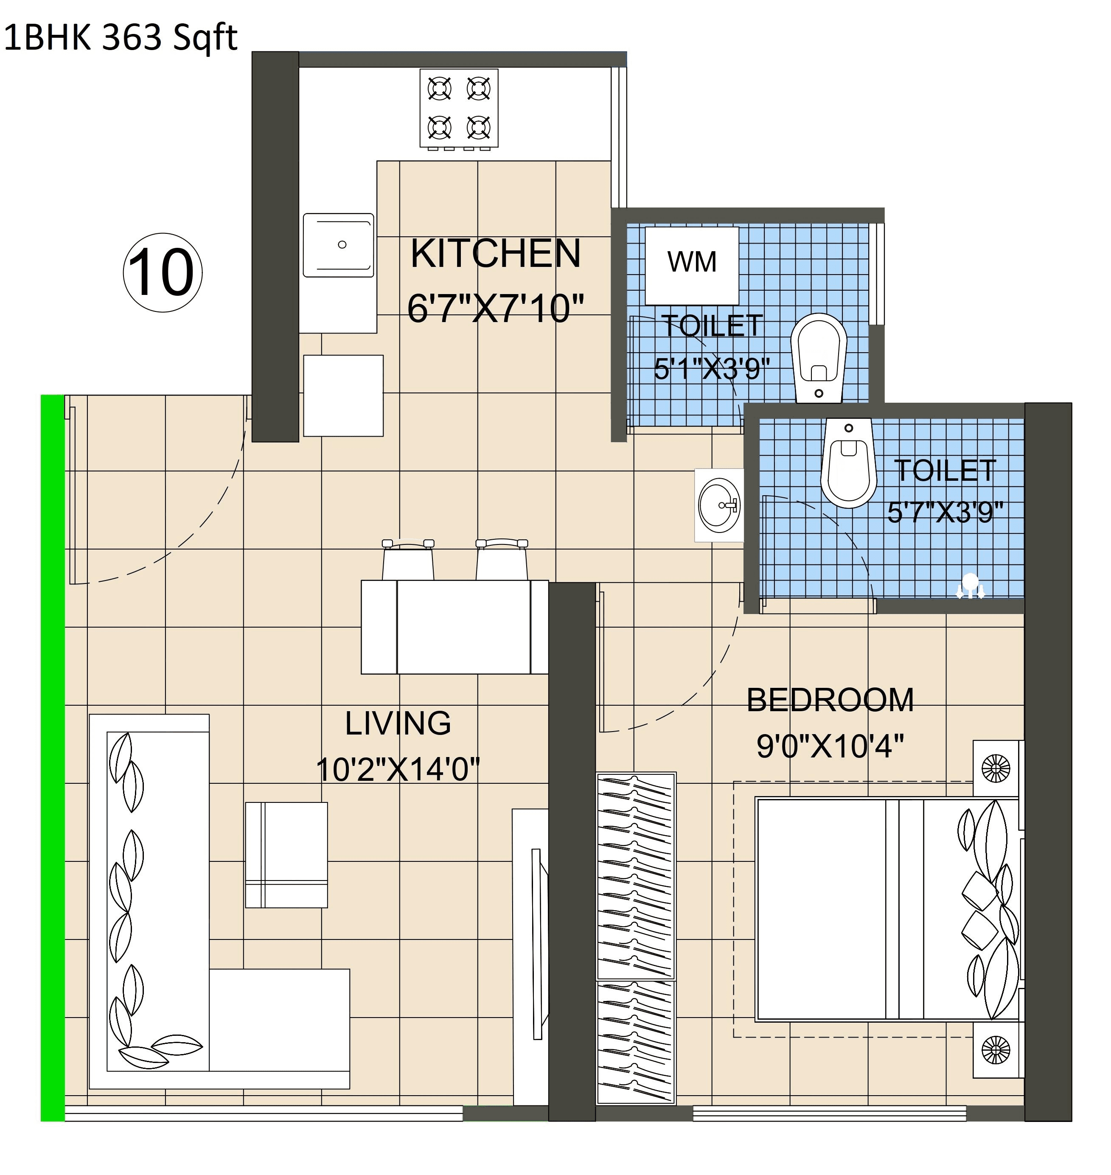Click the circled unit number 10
click(162, 272)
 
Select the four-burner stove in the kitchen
click(459, 108)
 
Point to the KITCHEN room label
click(496, 253)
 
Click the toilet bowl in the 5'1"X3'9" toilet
click(819, 355)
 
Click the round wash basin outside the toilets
click(719, 505)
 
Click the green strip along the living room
click(52, 758)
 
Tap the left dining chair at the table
click(408, 560)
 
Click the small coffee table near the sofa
click(286, 855)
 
